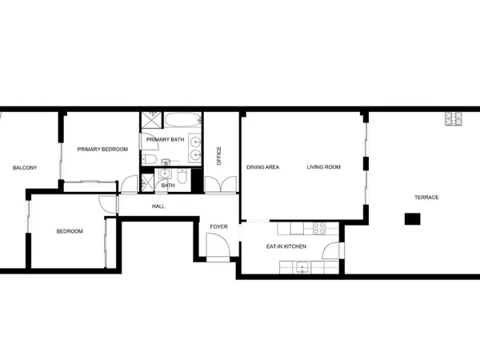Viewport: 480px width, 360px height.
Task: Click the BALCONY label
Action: pyautogui.click(x=22, y=168)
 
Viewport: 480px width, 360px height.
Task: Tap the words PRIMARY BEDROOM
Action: pyautogui.click(x=102, y=149)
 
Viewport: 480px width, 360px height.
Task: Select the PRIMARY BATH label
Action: pyautogui.click(x=166, y=140)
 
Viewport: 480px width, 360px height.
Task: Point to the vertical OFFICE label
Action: pyautogui.click(x=219, y=155)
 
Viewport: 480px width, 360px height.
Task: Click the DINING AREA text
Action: pyautogui.click(x=262, y=167)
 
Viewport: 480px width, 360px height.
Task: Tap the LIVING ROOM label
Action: pyautogui.click(x=325, y=167)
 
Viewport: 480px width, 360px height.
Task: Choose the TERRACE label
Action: pyautogui.click(x=426, y=197)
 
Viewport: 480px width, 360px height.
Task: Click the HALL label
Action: pyautogui.click(x=158, y=206)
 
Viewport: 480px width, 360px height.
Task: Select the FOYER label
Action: pyautogui.click(x=218, y=226)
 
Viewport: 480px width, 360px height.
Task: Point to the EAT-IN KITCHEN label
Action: pyautogui.click(x=286, y=246)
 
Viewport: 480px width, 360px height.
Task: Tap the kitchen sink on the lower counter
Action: pyautogui.click(x=302, y=267)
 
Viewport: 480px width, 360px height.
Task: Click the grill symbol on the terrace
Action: pyautogui.click(x=454, y=119)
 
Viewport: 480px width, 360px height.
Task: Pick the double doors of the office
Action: pyautogui.click(x=219, y=186)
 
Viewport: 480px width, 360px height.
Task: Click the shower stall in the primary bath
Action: pyautogui.click(x=151, y=122)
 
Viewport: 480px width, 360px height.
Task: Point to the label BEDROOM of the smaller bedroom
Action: pyautogui.click(x=69, y=232)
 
